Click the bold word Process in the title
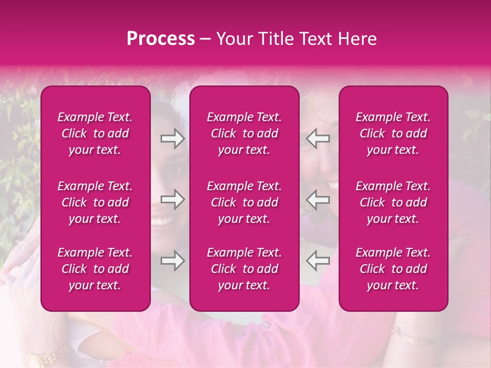click(x=161, y=39)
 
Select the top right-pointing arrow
click(x=172, y=139)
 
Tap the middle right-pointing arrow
click(x=172, y=199)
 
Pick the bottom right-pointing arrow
click(x=172, y=261)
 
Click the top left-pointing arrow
click(x=318, y=139)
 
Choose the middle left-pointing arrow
click(x=318, y=199)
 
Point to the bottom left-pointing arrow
click(x=318, y=261)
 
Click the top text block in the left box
click(x=95, y=133)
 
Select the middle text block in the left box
click(x=95, y=202)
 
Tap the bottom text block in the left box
click(x=95, y=269)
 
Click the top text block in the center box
click(x=244, y=133)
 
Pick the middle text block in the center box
click(x=244, y=202)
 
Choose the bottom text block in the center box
click(x=244, y=269)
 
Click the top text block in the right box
click(x=393, y=133)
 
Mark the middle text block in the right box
click(x=393, y=202)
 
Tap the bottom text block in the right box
click(x=393, y=269)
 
